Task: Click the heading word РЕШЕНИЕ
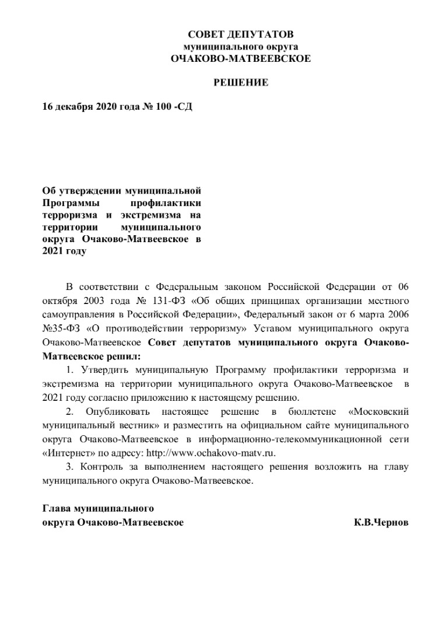[240, 83]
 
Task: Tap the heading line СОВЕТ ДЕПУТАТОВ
[240, 35]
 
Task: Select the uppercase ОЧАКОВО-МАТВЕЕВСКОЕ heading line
[240, 58]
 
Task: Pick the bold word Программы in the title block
[66, 203]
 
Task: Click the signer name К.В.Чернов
[381, 522]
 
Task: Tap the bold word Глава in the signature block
[57, 508]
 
